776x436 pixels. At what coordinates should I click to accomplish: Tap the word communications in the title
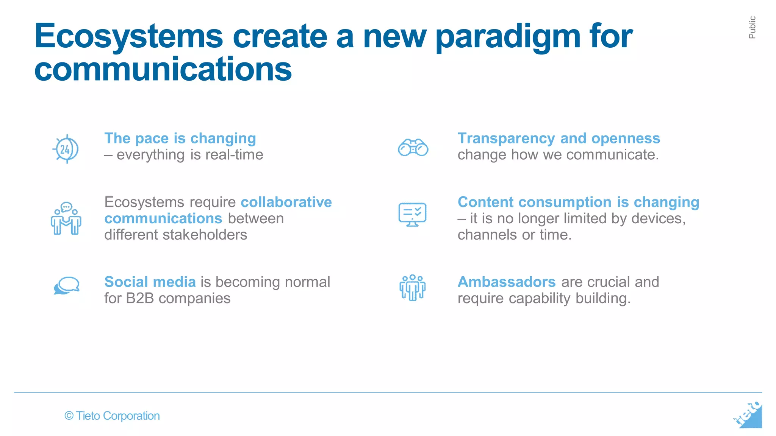click(163, 70)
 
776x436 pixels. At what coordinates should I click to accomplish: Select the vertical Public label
click(752, 27)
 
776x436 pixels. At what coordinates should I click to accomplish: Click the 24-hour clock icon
click(66, 149)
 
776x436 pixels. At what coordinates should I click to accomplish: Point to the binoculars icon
click(413, 148)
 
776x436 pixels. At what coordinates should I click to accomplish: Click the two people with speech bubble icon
click(66, 219)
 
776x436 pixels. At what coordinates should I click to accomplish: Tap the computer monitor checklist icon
click(412, 214)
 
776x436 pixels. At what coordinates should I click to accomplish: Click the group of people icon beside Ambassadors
click(412, 288)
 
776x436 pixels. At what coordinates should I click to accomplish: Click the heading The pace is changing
click(180, 139)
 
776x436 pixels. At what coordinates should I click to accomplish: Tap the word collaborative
click(286, 202)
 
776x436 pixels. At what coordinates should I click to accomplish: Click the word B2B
click(140, 299)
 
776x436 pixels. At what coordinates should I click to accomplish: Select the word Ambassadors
click(506, 282)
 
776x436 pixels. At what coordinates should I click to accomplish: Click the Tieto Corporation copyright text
click(112, 416)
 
